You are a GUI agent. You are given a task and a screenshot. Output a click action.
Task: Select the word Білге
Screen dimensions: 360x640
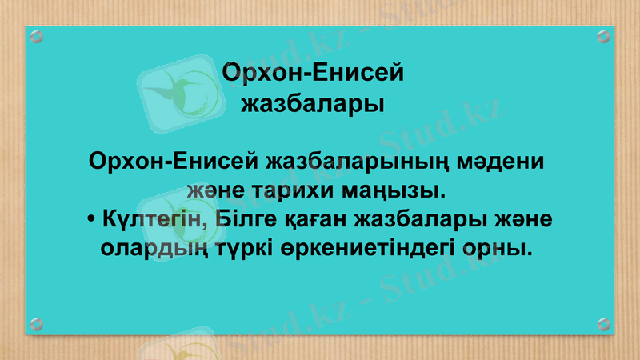pos(242,219)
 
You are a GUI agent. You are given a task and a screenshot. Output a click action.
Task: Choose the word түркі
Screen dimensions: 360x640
pos(242,248)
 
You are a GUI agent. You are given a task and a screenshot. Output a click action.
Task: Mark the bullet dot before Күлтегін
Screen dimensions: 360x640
pos(93,220)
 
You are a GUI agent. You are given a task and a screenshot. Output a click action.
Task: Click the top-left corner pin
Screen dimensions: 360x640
pos(36,36)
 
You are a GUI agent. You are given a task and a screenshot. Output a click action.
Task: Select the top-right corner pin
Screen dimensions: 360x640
pos(604,36)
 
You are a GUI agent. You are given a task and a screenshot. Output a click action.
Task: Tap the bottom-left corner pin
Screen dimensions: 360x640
pos(36,324)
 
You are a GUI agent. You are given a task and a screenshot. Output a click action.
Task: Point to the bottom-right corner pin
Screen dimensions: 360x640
pos(604,324)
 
